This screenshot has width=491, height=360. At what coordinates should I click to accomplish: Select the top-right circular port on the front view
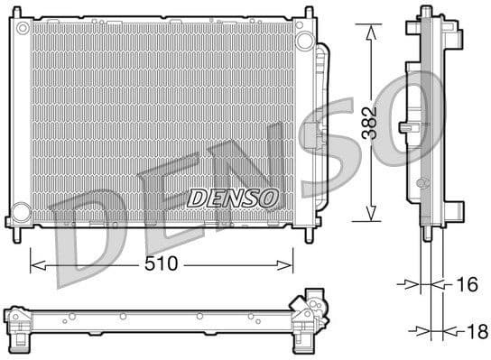304,41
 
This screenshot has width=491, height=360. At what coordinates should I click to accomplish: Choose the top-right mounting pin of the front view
309,14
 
